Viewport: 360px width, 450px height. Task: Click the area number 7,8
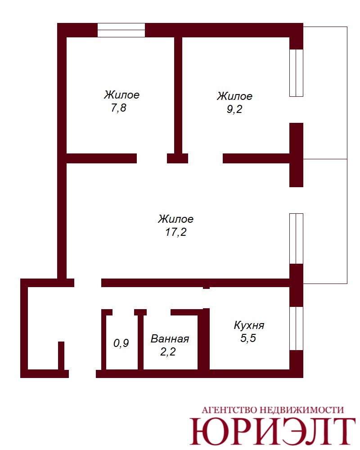(118, 108)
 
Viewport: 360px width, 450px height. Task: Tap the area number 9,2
(234, 109)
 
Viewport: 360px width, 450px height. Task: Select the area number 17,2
(175, 232)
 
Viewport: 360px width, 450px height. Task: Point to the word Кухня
(249, 325)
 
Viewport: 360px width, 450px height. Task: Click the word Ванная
(170, 339)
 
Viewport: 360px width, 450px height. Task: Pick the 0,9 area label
(121, 343)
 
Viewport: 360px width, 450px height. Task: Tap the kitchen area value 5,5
(248, 338)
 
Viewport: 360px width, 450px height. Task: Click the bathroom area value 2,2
(168, 351)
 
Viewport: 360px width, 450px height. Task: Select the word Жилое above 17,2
(175, 219)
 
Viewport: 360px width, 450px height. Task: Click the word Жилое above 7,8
(121, 94)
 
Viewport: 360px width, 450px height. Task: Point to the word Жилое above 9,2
(234, 96)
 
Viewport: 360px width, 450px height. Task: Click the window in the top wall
(121, 30)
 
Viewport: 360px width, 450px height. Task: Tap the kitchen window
(296, 328)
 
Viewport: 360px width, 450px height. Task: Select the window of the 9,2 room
(296, 73)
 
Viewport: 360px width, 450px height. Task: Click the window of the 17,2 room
(296, 238)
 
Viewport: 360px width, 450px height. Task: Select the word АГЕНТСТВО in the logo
(229, 410)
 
